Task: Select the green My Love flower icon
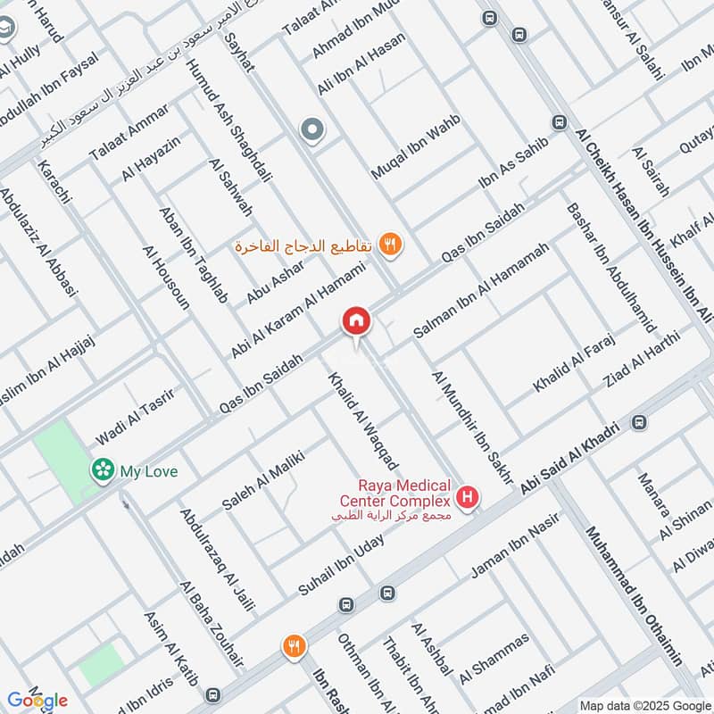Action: click(x=104, y=469)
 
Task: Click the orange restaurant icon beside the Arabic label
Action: click(x=389, y=243)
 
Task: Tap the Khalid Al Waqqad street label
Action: click(x=364, y=419)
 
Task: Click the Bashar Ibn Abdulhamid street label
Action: click(x=610, y=267)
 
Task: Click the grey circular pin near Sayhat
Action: click(x=312, y=131)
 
